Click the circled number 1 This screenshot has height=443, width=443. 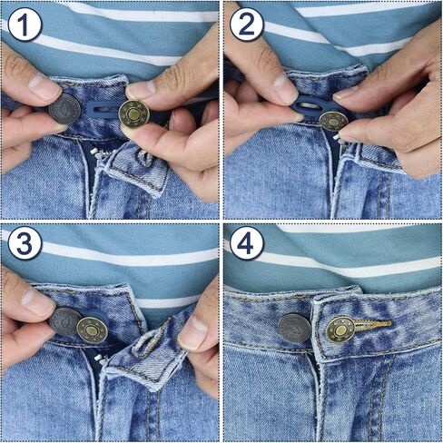pyautogui.click(x=25, y=25)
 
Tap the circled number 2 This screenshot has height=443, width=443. pyautogui.click(x=246, y=25)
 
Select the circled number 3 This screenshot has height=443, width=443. pyautogui.click(x=25, y=244)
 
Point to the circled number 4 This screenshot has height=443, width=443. pyautogui.click(x=246, y=244)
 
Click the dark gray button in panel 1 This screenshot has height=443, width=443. pyautogui.click(x=64, y=110)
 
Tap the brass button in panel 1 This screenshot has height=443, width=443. pyautogui.click(x=133, y=114)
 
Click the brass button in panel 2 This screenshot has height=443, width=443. pyautogui.click(x=333, y=120)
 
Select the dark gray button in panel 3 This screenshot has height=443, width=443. pyautogui.click(x=64, y=320)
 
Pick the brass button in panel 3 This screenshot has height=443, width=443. pyautogui.click(x=92, y=329)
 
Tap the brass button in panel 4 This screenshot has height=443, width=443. pyautogui.click(x=340, y=330)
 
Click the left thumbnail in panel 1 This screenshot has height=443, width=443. pyautogui.click(x=44, y=86)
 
